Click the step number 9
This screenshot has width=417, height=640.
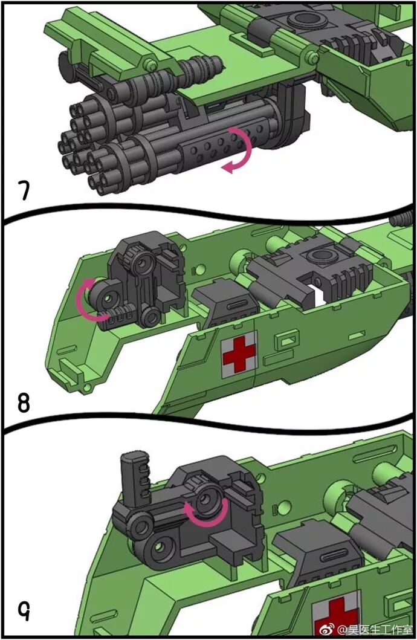[24, 614]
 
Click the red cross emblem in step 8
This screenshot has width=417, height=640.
[239, 355]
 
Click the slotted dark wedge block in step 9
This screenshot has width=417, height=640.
[311, 557]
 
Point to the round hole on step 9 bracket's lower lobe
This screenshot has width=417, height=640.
[162, 547]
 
